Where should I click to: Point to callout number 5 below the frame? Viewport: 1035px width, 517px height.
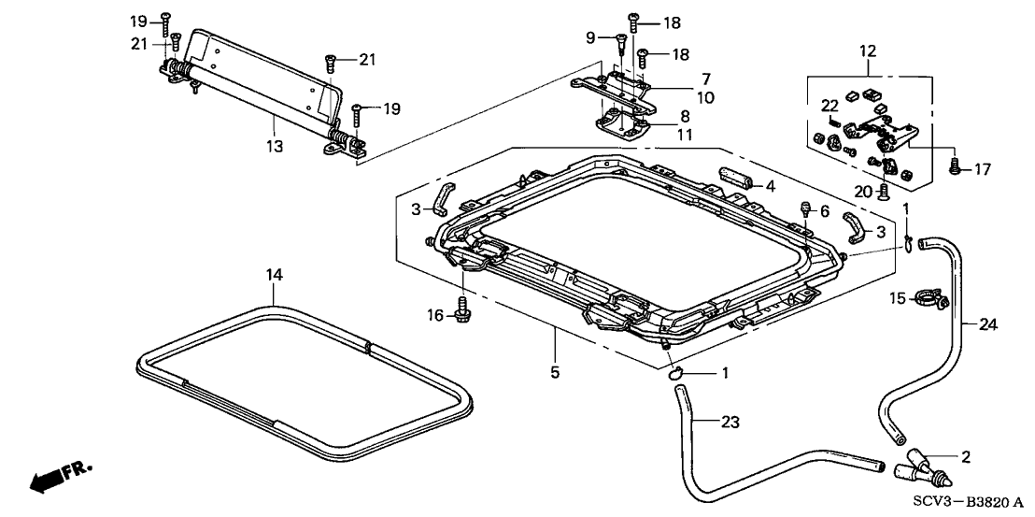556,372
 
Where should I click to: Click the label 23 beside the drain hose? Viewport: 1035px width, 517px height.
730,422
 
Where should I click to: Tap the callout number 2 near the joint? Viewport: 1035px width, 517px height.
966,456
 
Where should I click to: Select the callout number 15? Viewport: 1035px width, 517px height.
896,299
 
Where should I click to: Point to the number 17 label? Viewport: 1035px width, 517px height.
982,169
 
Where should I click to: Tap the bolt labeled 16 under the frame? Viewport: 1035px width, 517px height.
463,306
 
